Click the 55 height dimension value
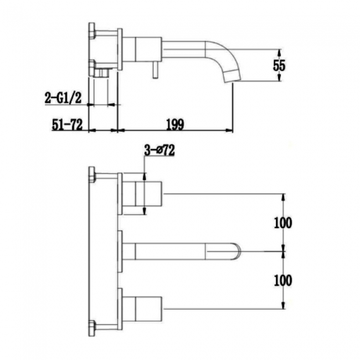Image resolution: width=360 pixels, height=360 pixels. [x=279, y=65]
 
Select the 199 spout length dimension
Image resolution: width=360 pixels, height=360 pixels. [x=174, y=124]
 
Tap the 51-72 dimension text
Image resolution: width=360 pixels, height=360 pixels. [x=67, y=124]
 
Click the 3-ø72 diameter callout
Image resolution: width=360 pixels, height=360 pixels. [x=159, y=150]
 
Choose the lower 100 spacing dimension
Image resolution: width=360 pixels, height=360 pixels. [x=283, y=280]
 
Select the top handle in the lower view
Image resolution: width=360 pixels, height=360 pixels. [x=142, y=193]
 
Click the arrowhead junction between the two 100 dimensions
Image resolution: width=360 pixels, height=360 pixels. [x=284, y=251]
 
